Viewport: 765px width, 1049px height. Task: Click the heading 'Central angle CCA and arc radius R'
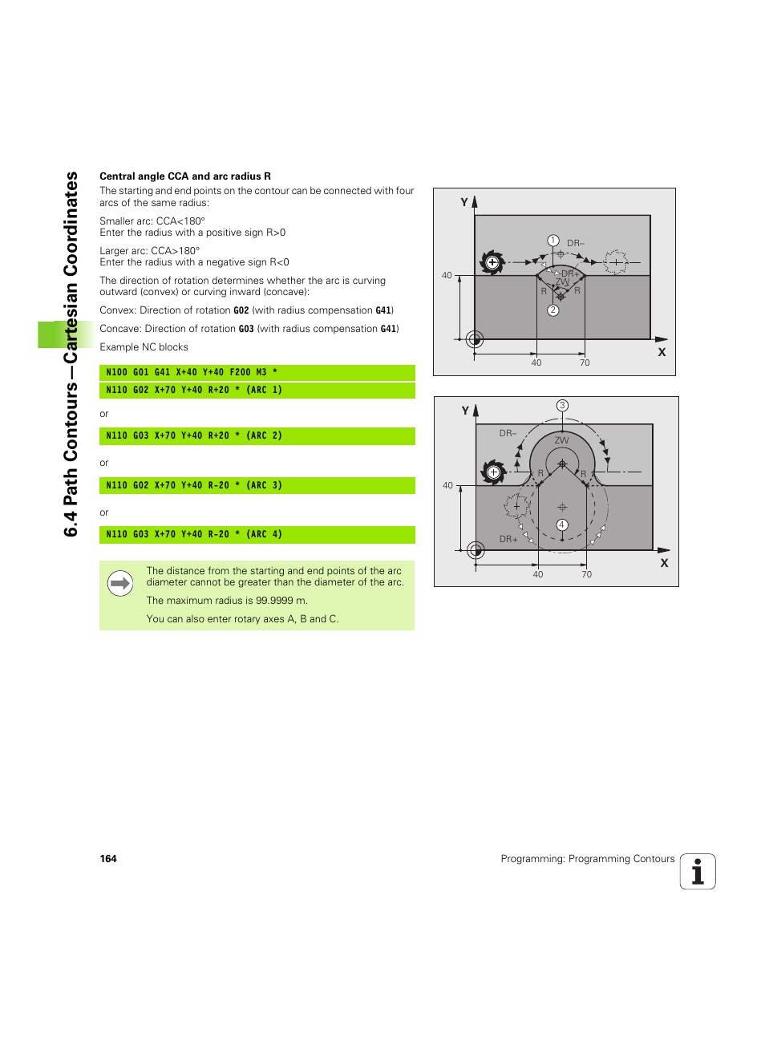(185, 176)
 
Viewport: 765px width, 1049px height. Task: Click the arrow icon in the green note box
(120, 584)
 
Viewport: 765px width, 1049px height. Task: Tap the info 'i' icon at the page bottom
(698, 872)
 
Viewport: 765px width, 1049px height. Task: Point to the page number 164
(108, 859)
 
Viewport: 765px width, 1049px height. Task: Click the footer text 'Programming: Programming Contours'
(587, 859)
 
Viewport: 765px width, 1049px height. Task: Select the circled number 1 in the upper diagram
(553, 241)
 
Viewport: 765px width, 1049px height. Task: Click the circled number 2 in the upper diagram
(553, 310)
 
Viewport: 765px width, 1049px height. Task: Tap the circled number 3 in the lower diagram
(563, 406)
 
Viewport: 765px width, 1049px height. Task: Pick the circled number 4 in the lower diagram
(562, 525)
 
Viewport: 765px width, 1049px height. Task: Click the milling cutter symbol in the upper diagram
(492, 262)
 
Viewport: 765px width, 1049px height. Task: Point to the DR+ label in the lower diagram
(508, 540)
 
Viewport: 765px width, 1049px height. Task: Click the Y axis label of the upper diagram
(464, 202)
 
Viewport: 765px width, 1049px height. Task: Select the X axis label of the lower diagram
(664, 563)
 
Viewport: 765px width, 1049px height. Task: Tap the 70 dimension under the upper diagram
(585, 363)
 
